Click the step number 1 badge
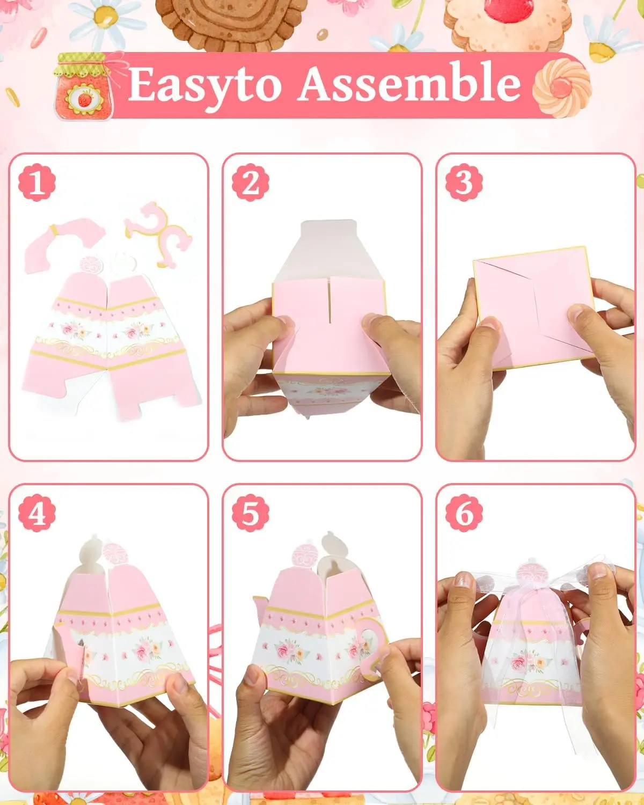tap(37, 182)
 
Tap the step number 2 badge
tap(250, 182)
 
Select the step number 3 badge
tap(464, 182)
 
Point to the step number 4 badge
tap(37, 513)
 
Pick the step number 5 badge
tap(250, 513)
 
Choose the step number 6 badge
tap(464, 513)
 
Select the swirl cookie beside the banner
tap(561, 88)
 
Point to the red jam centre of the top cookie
tap(509, 8)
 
